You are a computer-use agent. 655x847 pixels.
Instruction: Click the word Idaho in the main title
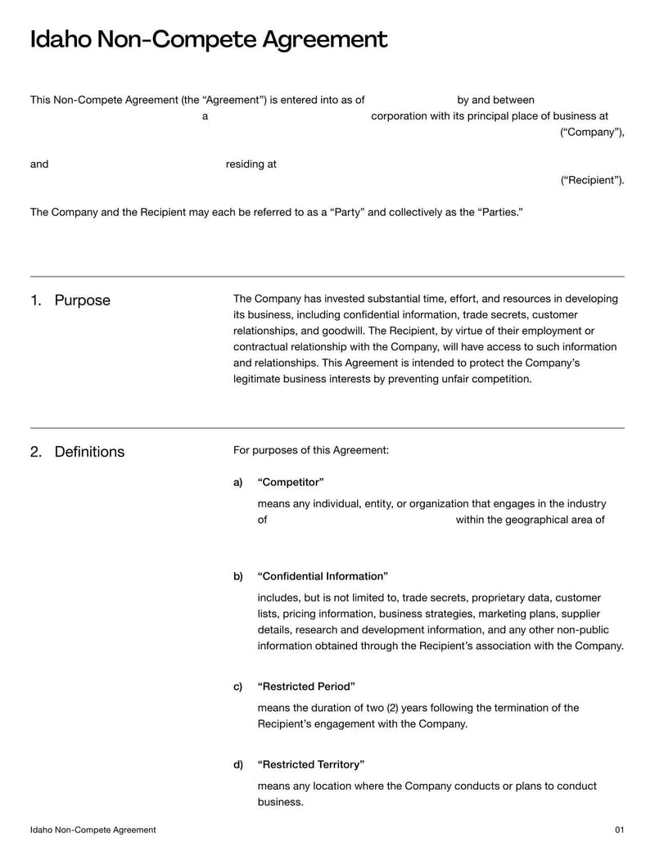point(61,39)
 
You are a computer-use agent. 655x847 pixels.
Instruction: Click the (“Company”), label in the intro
point(592,133)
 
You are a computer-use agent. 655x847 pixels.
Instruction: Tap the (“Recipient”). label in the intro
point(592,180)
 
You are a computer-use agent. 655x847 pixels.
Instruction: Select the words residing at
point(251,164)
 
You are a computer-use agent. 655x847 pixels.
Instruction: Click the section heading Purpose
point(82,300)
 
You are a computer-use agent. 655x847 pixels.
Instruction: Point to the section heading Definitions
point(89,452)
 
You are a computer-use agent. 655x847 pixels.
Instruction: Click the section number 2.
point(36,452)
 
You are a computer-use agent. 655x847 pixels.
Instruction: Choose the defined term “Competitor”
point(290,482)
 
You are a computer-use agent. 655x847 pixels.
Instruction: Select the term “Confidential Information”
point(322,576)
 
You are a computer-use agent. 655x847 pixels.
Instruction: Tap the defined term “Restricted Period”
point(305,687)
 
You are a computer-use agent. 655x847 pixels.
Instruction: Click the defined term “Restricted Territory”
point(310,764)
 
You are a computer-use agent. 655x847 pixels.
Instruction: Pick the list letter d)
point(238,764)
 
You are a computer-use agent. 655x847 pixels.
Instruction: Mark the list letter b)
point(238,576)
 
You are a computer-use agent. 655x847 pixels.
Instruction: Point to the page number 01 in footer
point(619,830)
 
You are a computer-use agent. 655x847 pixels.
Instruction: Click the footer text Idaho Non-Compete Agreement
point(93,830)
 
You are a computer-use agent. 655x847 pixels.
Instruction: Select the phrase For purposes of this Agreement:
point(311,450)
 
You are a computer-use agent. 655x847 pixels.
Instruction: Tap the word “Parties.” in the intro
point(499,212)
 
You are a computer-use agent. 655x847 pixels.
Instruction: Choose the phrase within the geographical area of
point(530,520)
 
